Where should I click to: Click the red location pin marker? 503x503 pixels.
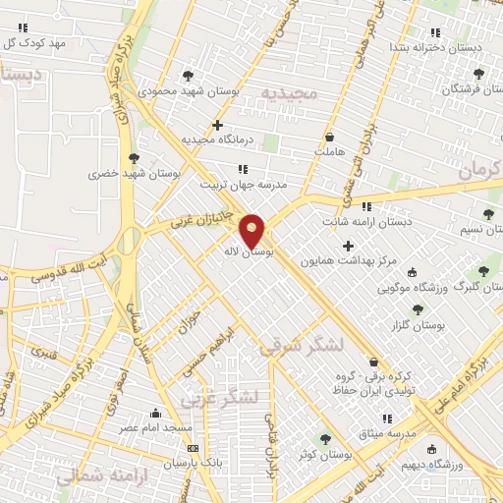coord(252,230)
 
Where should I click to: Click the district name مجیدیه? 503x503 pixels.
coord(291,94)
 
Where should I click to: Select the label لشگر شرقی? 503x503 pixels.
coord(303,346)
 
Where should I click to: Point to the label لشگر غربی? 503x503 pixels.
coord(222,398)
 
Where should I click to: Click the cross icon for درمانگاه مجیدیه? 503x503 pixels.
coord(217,125)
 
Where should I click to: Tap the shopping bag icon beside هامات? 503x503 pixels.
coord(329,137)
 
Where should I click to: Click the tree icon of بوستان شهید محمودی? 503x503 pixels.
coord(188,75)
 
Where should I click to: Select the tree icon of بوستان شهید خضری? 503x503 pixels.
coord(134,157)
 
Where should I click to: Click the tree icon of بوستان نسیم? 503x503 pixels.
coord(488,214)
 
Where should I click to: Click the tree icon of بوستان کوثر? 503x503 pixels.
coord(325,439)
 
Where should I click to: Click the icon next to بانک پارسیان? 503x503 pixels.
coord(192,448)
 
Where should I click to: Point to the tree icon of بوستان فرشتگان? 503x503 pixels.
coord(478,74)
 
